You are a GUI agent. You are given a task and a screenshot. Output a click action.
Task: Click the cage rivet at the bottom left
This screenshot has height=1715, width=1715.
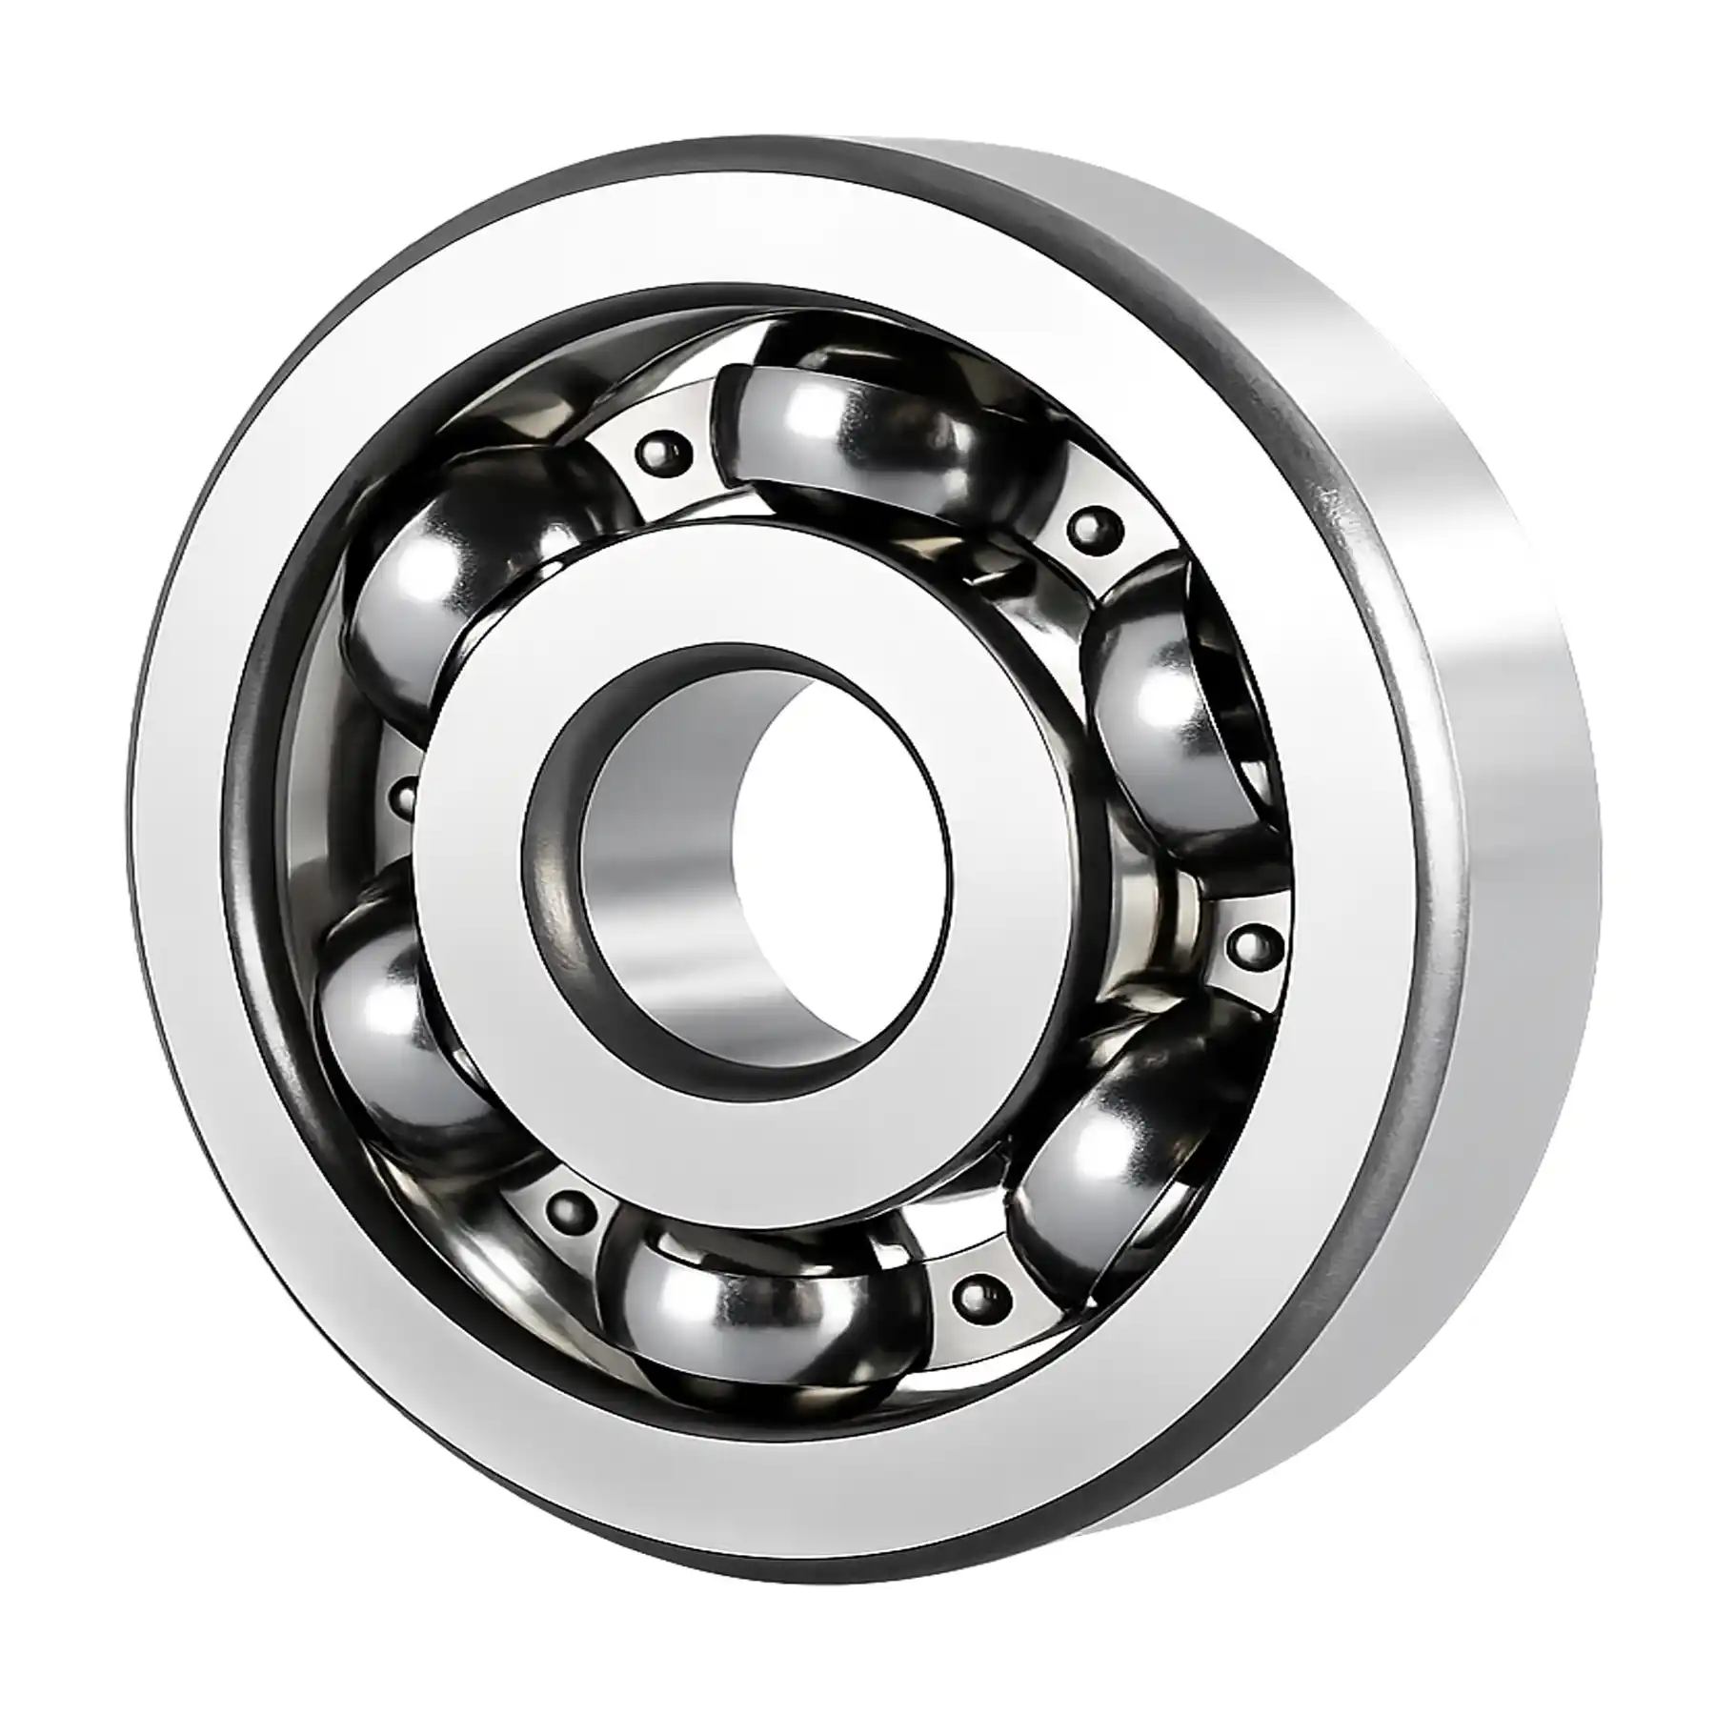tap(569, 1208)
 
